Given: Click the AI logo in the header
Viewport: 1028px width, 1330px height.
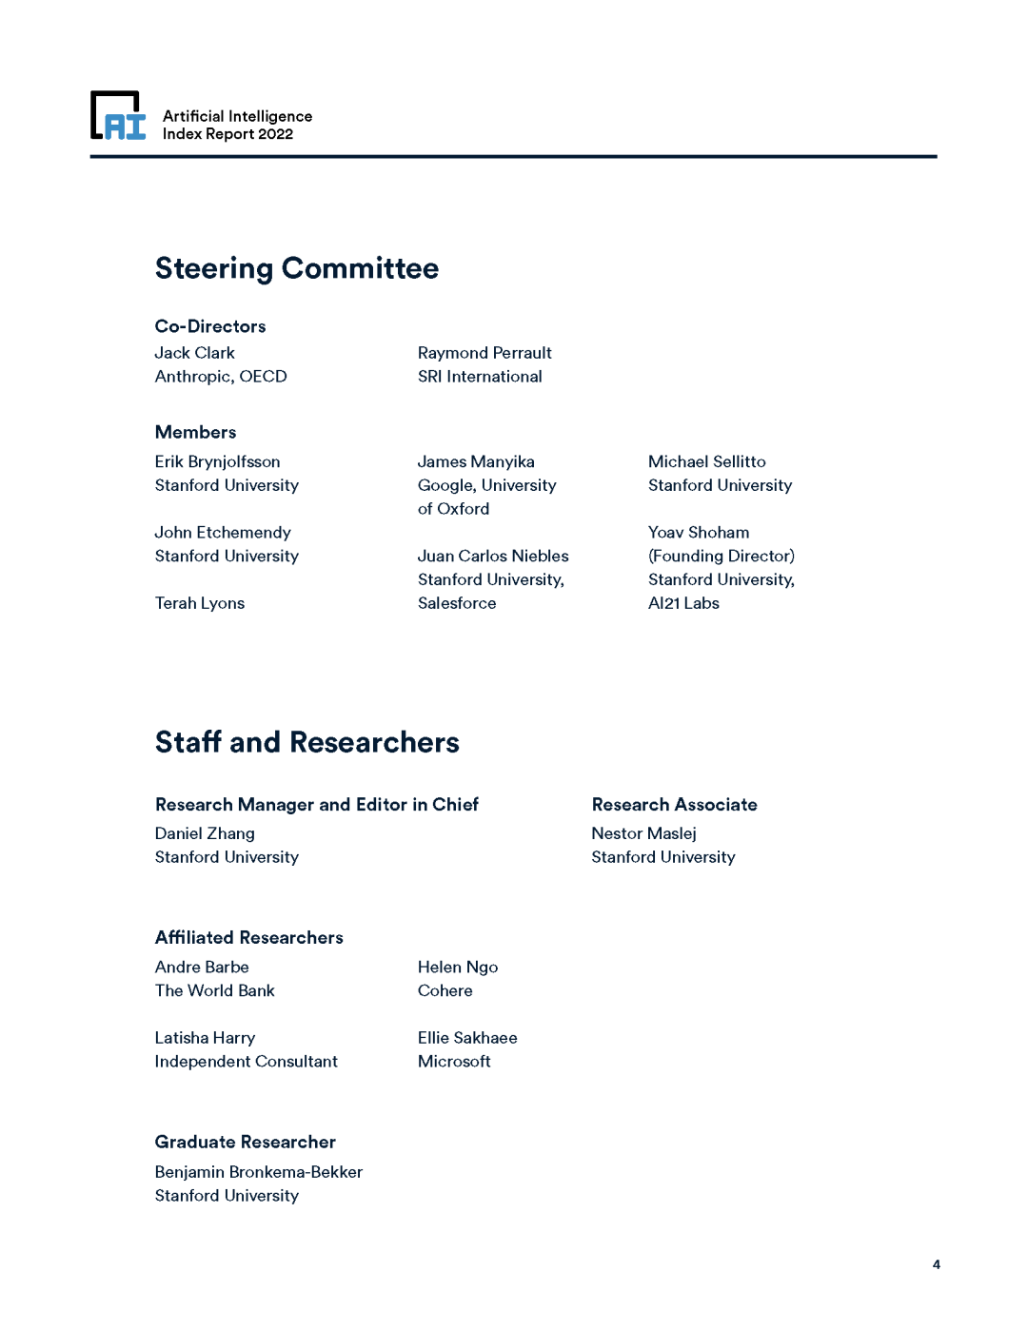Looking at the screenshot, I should [x=118, y=116].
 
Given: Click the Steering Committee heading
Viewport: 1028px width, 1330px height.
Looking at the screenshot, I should [x=296, y=269].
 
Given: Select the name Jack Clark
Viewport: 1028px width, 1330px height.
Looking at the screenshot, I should [x=194, y=353].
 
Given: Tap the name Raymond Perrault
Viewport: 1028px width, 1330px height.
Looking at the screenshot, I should [x=484, y=353].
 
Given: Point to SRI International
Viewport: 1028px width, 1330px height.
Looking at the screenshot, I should [x=480, y=377].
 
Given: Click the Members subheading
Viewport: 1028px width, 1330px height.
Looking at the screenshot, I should [x=195, y=433].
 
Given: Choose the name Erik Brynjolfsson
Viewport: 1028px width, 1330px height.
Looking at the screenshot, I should [x=217, y=461].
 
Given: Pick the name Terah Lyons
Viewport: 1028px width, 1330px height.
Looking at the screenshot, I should [x=200, y=603].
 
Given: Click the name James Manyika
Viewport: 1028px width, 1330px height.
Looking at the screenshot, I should [x=476, y=461].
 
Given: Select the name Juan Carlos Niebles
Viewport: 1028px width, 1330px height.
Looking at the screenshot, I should [x=493, y=556].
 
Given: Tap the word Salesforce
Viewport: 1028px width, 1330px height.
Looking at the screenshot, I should [x=457, y=603].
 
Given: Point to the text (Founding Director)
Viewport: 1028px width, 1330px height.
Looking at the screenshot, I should [x=722, y=556].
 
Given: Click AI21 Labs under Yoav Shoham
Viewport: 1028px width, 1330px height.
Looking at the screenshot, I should [x=683, y=603].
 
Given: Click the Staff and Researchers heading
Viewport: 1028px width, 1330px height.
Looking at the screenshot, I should [x=306, y=743].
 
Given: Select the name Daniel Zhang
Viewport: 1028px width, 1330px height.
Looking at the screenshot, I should [x=205, y=833].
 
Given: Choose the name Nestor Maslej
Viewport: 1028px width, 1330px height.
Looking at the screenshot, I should [x=643, y=833].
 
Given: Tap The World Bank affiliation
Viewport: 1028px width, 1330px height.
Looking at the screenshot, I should [x=214, y=990].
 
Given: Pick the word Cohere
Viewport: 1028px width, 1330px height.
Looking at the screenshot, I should [x=445, y=990].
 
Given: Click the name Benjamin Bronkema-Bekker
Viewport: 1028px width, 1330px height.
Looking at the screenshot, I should [x=258, y=1172].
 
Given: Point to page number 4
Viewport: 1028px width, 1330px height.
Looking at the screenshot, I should [x=937, y=1264].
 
